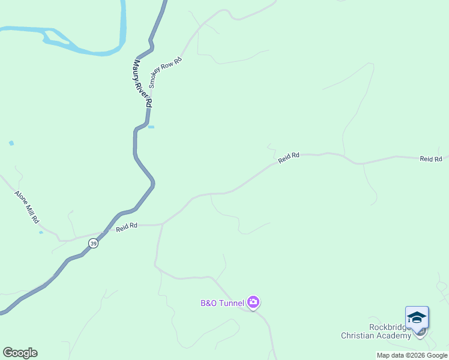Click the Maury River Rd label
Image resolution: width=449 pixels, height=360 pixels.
(142, 83)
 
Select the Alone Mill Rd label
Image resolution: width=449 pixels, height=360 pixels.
(26, 208)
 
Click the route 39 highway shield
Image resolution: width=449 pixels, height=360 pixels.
(92, 243)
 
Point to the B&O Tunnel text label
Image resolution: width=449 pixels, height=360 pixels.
(222, 303)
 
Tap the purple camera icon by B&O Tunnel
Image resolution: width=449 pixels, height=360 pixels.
(253, 302)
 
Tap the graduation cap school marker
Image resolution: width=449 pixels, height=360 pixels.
(417, 317)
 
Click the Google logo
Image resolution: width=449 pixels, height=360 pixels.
(20, 353)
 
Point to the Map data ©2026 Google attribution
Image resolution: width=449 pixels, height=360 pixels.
(412, 355)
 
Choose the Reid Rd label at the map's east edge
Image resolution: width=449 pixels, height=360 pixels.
(430, 158)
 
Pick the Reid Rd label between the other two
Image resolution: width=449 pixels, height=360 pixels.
(289, 157)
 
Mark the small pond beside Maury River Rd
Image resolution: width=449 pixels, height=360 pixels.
(151, 127)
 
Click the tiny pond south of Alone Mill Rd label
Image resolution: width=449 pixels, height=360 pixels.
(41, 232)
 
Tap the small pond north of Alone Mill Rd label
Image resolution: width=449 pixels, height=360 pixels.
(11, 143)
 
